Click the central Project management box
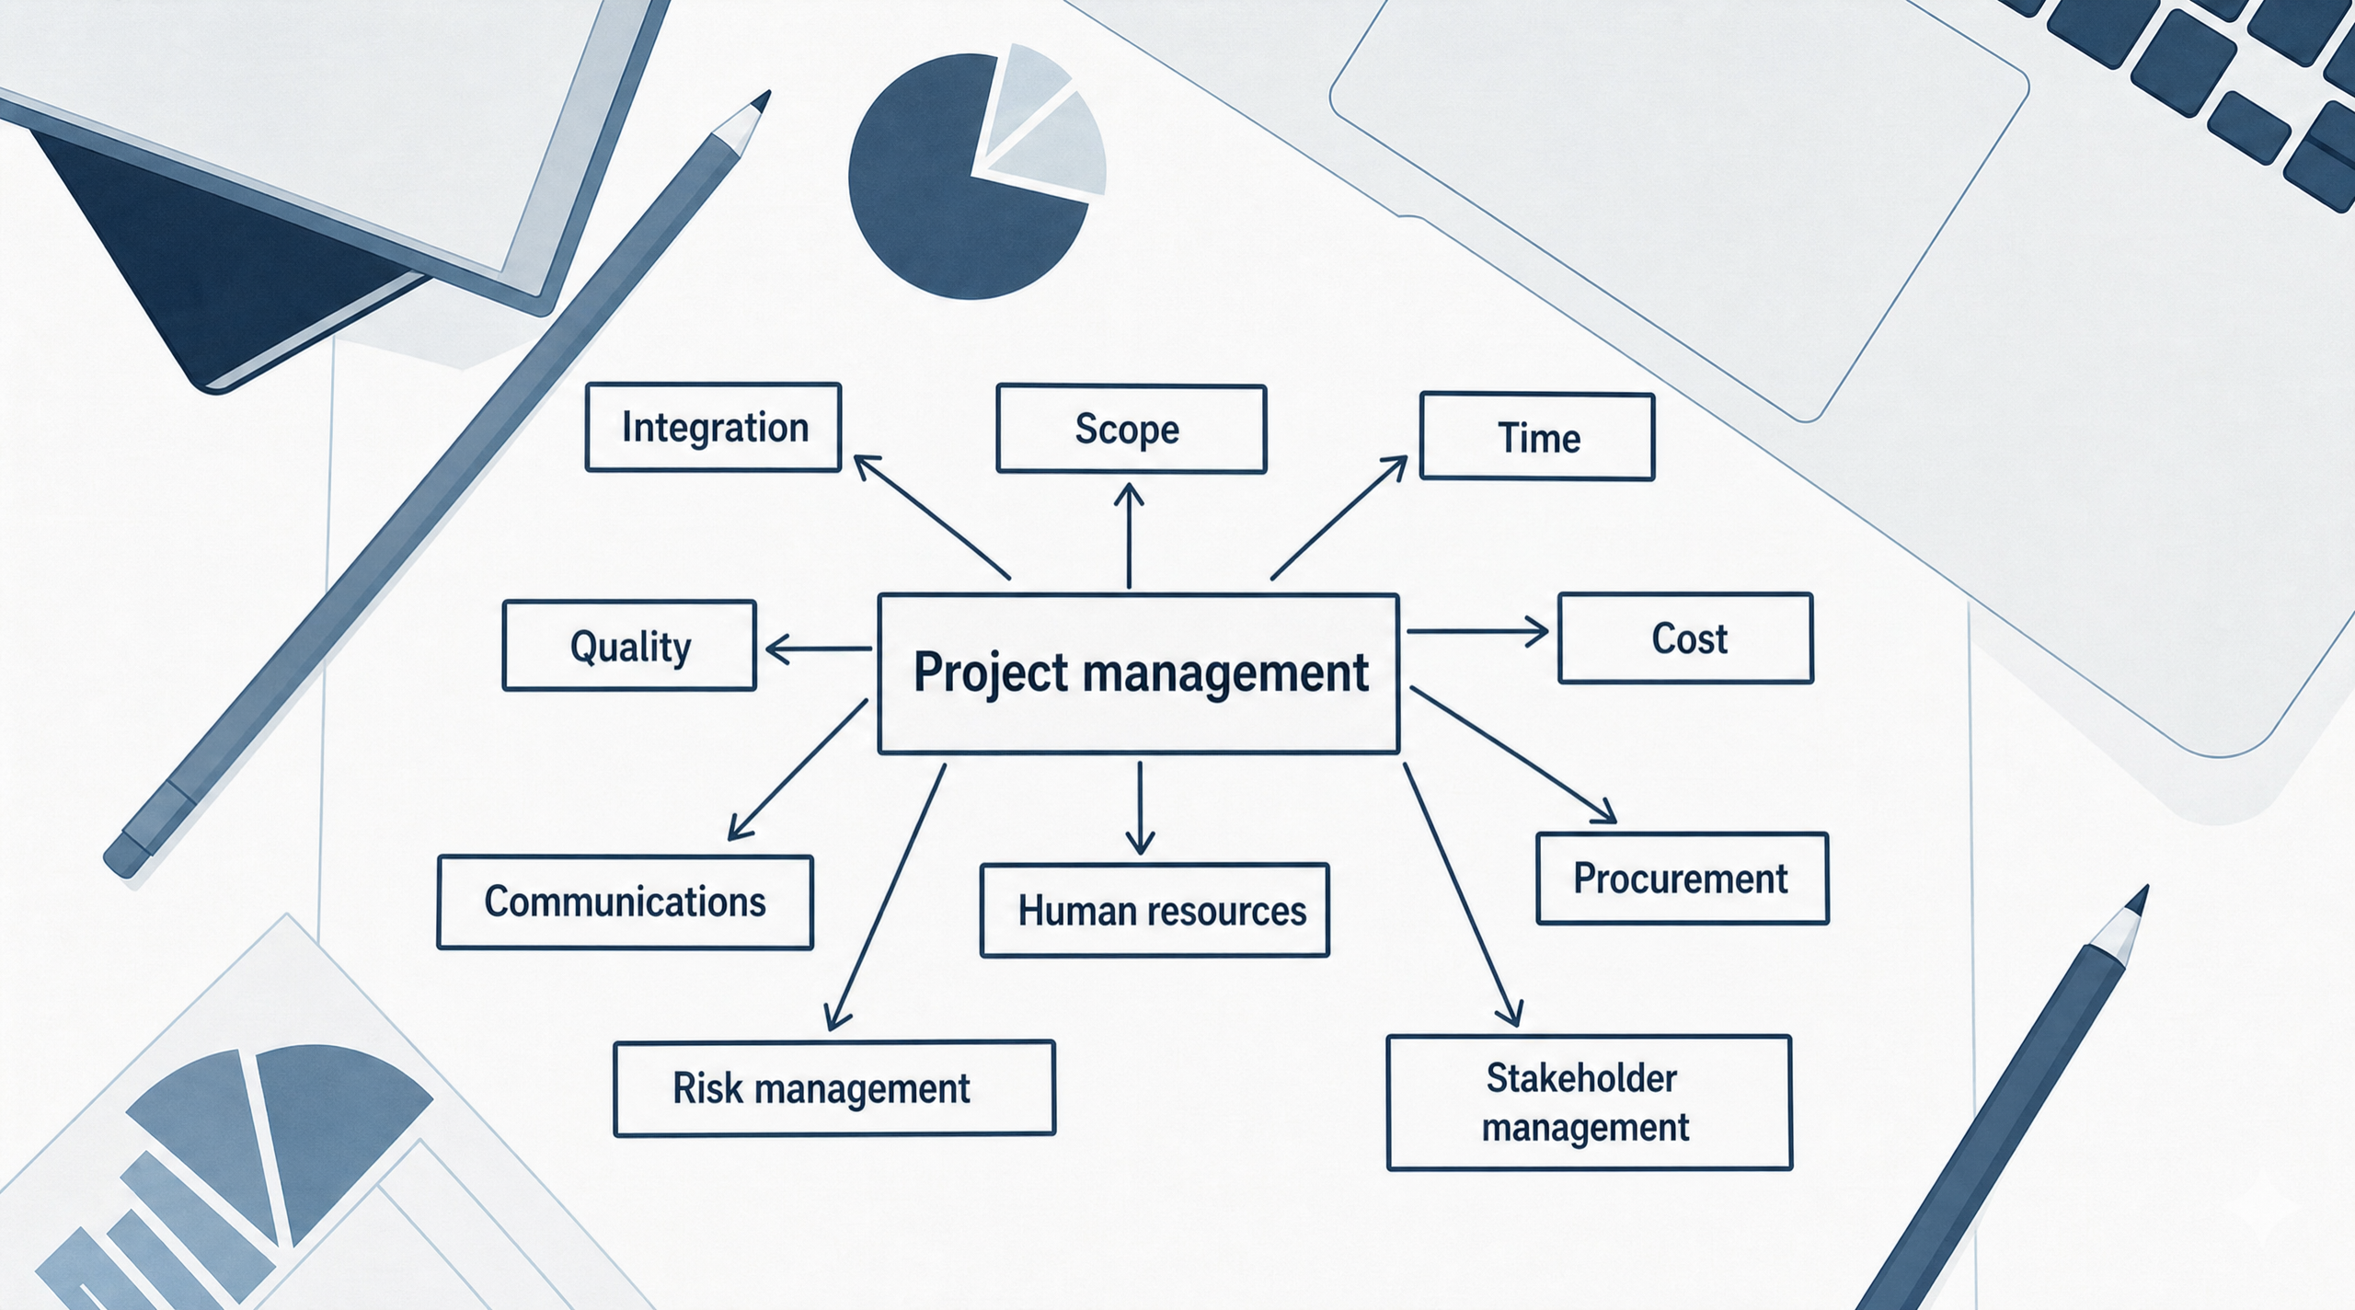[1139, 673]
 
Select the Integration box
[714, 427]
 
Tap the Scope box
[1132, 429]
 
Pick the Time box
[1537, 437]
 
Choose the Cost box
[1685, 638]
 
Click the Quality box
[629, 645]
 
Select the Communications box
[626, 902]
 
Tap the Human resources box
[1155, 910]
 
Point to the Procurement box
[1683, 878]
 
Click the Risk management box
[834, 1088]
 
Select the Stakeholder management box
[1590, 1102]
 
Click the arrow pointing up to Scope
[1129, 536]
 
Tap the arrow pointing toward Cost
[1478, 632]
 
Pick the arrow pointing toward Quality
[819, 649]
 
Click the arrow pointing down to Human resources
[1140, 808]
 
